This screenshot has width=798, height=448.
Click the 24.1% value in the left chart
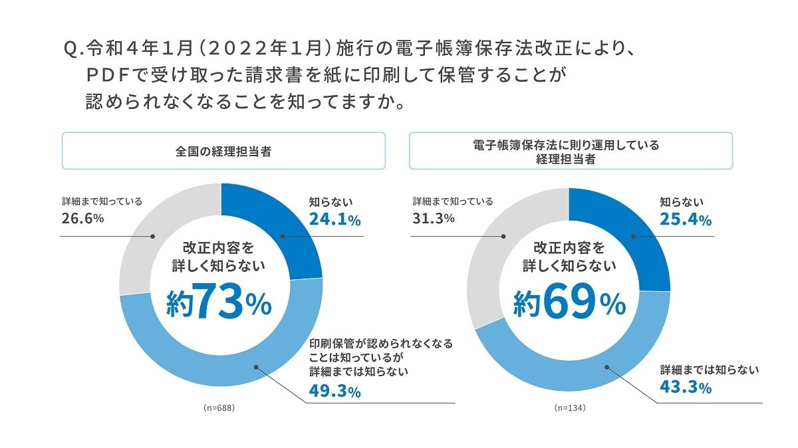click(334, 220)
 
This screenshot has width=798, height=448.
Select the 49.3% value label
click(334, 392)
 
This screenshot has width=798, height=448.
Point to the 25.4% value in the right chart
click(685, 219)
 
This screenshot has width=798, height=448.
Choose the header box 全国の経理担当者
click(223, 151)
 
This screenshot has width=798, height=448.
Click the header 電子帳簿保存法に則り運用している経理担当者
click(571, 151)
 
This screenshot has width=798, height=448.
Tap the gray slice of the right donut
click(495, 246)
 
